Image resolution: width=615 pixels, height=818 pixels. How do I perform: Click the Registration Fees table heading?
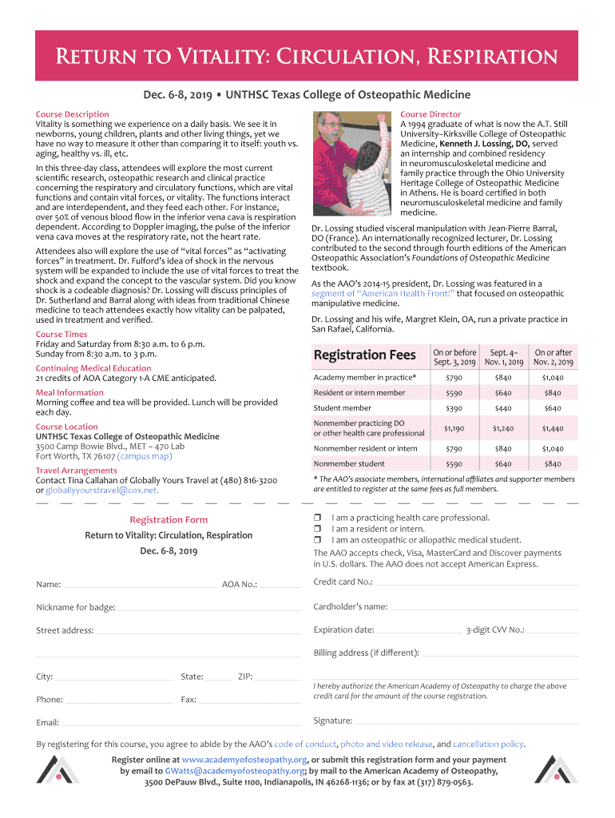point(364,355)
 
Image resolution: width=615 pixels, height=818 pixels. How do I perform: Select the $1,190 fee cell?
point(454,428)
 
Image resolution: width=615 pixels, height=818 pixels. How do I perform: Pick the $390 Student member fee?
point(454,408)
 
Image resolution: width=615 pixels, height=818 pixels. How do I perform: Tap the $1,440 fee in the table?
point(553,428)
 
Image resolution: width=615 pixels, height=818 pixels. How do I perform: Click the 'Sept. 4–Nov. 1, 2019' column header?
point(503,357)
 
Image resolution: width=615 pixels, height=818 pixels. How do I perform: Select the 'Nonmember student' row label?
point(349,463)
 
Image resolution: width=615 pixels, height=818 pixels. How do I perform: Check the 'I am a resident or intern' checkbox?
point(317,529)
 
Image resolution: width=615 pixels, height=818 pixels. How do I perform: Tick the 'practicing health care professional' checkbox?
point(317,518)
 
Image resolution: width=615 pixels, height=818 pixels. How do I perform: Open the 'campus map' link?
point(145,456)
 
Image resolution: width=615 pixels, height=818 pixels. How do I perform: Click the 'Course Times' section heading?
point(61,334)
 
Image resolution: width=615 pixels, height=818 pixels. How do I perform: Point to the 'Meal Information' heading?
point(69,392)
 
